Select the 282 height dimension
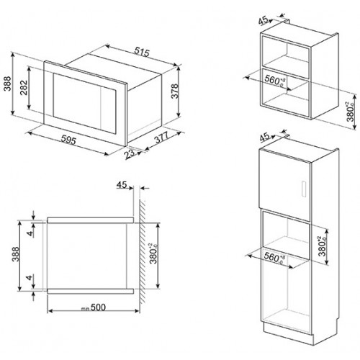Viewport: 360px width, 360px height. pos(24,87)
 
